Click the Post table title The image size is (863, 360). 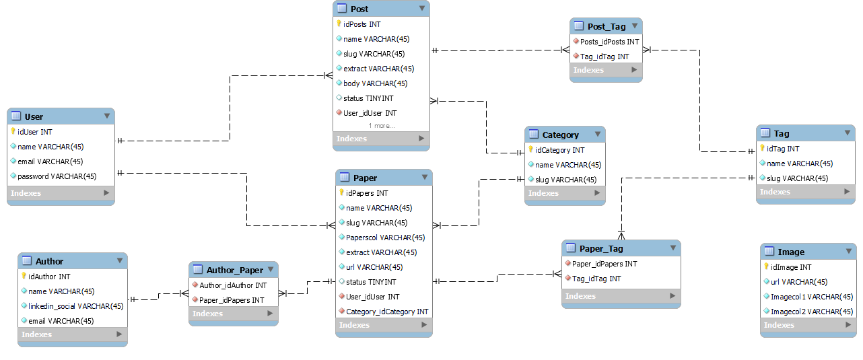click(x=359, y=9)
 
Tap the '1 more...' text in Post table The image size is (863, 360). click(x=381, y=126)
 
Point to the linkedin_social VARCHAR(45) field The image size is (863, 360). click(x=75, y=306)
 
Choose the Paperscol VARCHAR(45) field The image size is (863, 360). click(x=385, y=238)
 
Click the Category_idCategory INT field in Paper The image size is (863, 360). click(x=386, y=312)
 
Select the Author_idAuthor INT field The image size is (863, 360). click(x=233, y=285)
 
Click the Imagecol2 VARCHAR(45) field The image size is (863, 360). click(x=812, y=312)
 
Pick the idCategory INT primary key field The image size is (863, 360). click(x=559, y=150)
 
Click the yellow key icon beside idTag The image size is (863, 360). click(x=763, y=149)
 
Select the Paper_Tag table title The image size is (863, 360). click(x=601, y=248)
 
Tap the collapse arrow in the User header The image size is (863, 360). click(x=106, y=116)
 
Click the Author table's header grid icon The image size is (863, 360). click(x=27, y=261)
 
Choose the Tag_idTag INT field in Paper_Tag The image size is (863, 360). click(x=596, y=279)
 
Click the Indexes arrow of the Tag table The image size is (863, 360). click(x=846, y=192)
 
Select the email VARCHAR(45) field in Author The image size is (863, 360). click(x=61, y=321)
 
